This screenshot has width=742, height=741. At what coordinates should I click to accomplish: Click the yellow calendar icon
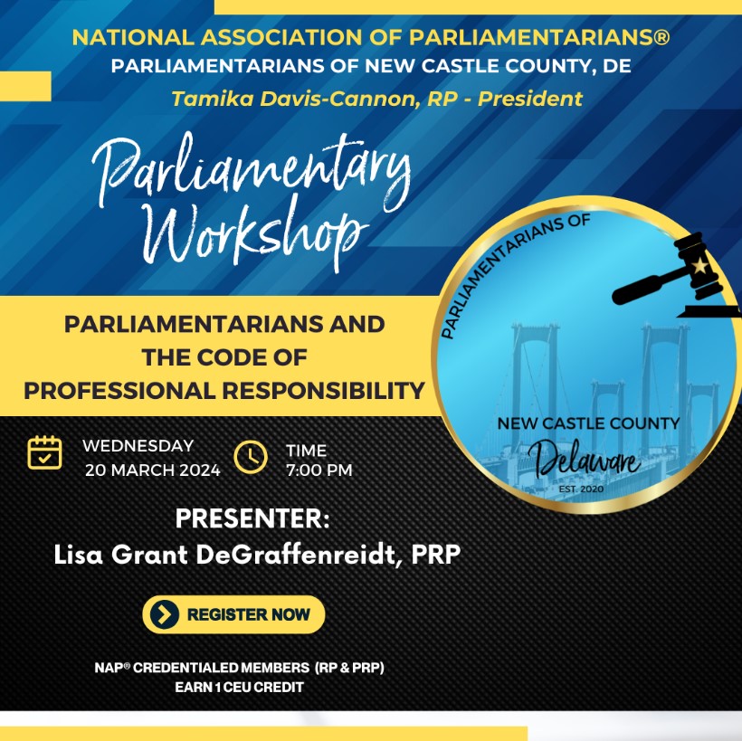point(44,452)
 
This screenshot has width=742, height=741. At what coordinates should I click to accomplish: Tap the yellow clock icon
point(251,457)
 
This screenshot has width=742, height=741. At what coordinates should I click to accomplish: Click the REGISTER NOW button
point(233,614)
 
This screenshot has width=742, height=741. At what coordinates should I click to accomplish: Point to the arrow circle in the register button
point(164,614)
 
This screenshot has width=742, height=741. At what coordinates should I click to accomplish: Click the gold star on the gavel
point(700,265)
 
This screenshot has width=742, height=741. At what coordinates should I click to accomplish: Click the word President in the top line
point(530,99)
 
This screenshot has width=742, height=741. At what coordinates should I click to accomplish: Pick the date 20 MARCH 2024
point(152,470)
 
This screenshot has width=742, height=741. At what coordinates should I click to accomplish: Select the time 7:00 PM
point(319,470)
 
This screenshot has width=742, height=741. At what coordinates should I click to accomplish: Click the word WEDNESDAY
point(138,446)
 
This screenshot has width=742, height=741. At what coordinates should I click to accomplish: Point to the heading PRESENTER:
point(252,518)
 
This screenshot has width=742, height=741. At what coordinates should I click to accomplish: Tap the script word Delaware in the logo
point(585,459)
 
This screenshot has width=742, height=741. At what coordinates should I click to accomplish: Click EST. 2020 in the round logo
point(581,489)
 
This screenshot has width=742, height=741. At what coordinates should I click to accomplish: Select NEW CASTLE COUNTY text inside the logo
point(588,423)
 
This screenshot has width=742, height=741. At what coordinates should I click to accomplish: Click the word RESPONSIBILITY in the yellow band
point(323,391)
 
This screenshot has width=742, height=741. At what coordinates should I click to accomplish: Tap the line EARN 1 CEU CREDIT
point(240,687)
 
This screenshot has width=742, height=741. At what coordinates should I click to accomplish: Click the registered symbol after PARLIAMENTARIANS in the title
point(661,37)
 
